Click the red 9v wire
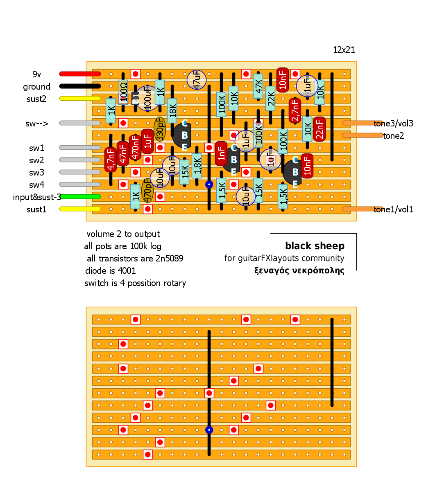(80, 74)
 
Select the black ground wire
(80, 86)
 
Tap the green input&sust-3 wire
(80, 196)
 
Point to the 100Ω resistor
(123, 92)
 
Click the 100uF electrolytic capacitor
(147, 98)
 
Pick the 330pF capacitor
(160, 129)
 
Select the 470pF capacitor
(147, 191)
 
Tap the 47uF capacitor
(197, 80)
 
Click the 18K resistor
(172, 110)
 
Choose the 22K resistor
(270, 98)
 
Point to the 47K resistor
(258, 86)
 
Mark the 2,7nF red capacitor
(295, 110)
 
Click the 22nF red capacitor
(319, 129)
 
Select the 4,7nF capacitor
(111, 160)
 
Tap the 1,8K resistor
(197, 166)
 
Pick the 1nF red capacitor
(221, 153)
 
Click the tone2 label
(394, 136)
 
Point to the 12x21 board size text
(344, 50)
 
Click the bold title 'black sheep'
(315, 246)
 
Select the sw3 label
(36, 173)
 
